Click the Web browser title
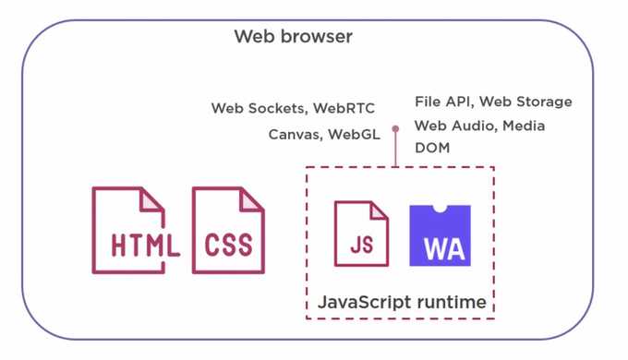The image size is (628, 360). click(x=293, y=38)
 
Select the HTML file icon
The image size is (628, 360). click(x=129, y=231)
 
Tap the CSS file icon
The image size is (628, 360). click(x=228, y=231)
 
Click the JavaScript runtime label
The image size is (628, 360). click(x=401, y=302)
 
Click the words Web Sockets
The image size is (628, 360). click(x=255, y=109)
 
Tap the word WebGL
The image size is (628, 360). click(x=353, y=135)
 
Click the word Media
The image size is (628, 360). click(x=524, y=126)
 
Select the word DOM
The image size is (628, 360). click(x=432, y=148)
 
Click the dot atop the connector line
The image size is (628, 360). click(x=395, y=129)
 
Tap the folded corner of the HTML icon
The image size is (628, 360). click(x=153, y=199)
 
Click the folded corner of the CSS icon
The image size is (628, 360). click(x=253, y=199)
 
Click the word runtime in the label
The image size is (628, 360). click(x=451, y=302)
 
